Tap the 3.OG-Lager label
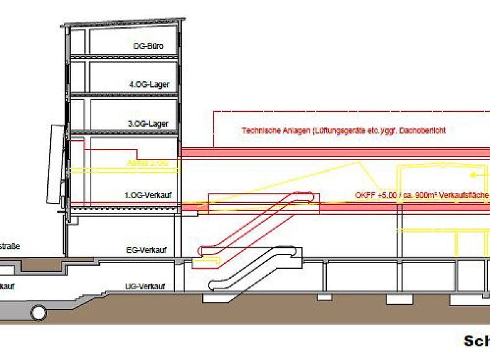pyautogui.click(x=148, y=124)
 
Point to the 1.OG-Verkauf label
pyautogui.click(x=148, y=196)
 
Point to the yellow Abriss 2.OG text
pyautogui.click(x=147, y=163)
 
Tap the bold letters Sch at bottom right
pyautogui.click(x=476, y=341)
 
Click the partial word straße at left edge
pyautogui.click(x=10, y=246)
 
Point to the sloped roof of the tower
pyautogui.click(x=124, y=23)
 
